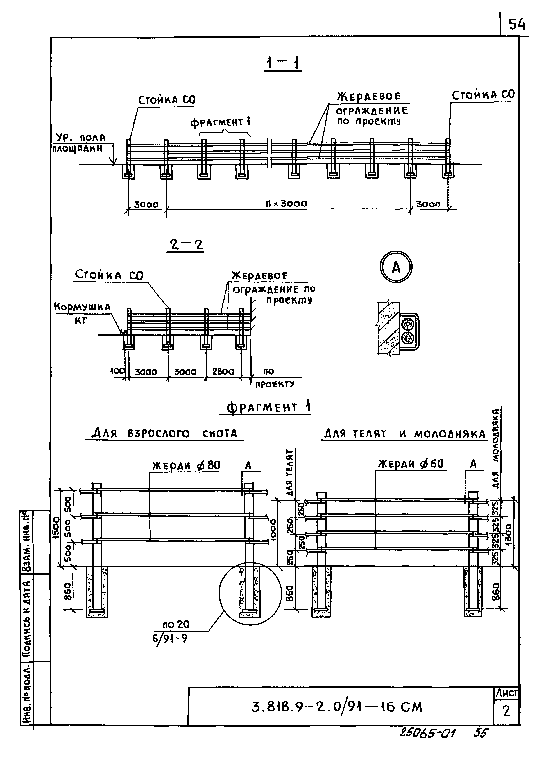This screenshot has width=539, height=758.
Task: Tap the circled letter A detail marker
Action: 396,267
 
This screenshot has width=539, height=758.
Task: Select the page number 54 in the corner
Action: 517,24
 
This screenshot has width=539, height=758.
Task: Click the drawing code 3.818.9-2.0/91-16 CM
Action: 336,707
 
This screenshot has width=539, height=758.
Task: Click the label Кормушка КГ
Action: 82,313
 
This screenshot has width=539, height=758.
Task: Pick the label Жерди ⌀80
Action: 186,466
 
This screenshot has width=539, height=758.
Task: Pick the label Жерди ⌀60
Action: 411,464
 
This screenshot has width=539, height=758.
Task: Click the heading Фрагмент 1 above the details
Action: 268,407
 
